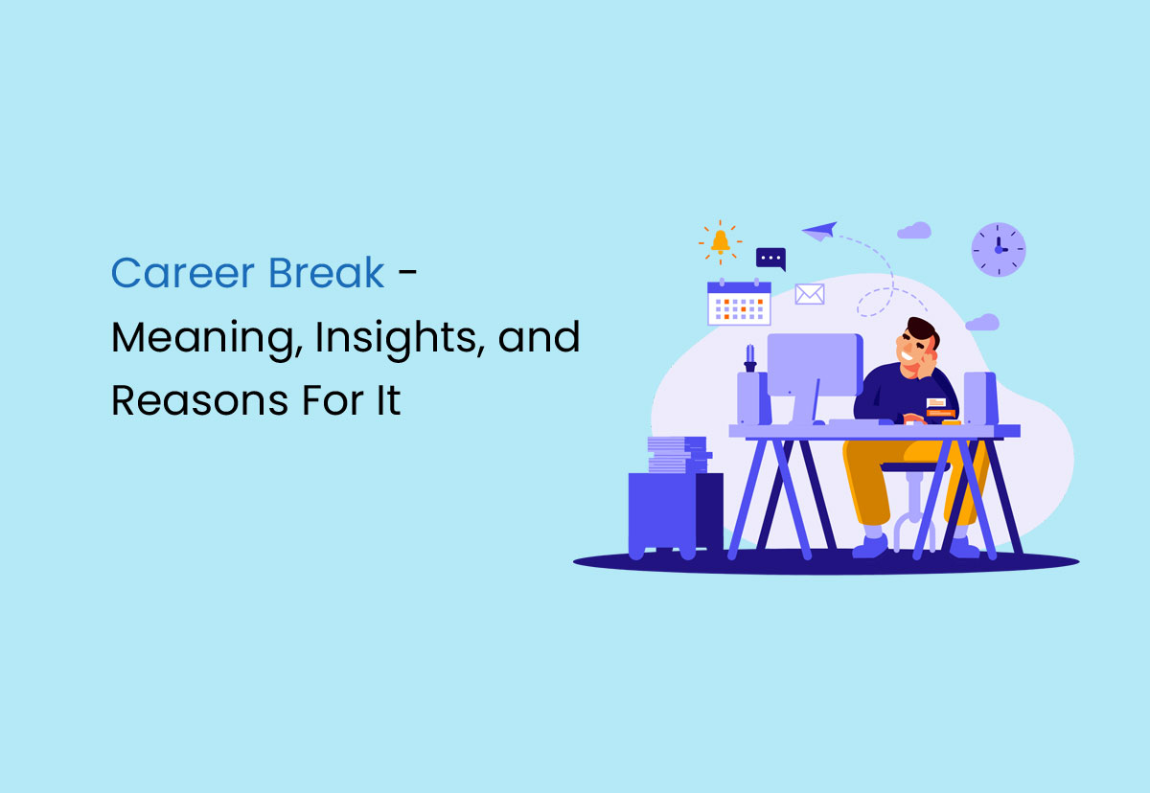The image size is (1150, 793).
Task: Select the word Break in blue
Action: click(x=327, y=274)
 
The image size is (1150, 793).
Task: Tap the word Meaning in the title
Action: click(x=201, y=338)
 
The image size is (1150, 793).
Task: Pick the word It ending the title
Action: click(x=387, y=399)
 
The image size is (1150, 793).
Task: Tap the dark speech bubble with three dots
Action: click(x=770, y=259)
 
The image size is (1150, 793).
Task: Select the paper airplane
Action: click(x=820, y=231)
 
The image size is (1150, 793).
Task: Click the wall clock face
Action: click(x=999, y=250)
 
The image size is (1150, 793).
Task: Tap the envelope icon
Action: click(x=810, y=294)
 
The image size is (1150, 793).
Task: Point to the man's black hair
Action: click(x=923, y=330)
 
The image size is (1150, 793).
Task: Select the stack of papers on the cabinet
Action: click(x=678, y=455)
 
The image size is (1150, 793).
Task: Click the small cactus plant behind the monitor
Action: click(x=749, y=356)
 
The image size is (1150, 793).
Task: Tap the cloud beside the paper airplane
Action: click(x=914, y=230)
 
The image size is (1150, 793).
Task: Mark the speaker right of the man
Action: click(x=980, y=397)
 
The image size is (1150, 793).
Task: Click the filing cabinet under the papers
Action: click(x=675, y=512)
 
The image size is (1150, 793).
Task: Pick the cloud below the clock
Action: click(x=982, y=322)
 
